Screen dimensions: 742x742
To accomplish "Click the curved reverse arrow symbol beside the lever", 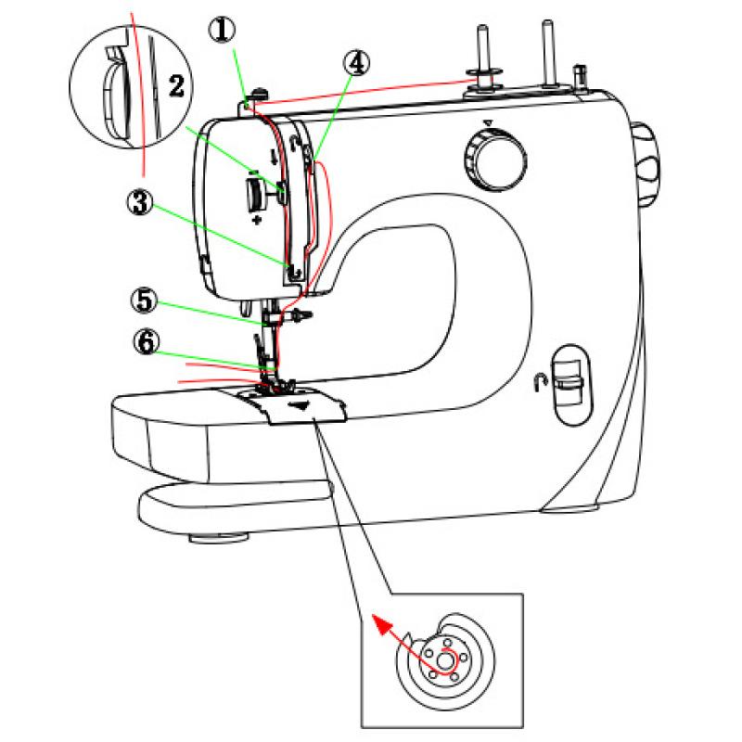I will [x=538, y=381].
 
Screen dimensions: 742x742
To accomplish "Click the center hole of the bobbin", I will [x=446, y=661].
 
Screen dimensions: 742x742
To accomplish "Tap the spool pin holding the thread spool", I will [x=482, y=56].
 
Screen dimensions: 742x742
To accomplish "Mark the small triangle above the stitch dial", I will [x=486, y=122].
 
